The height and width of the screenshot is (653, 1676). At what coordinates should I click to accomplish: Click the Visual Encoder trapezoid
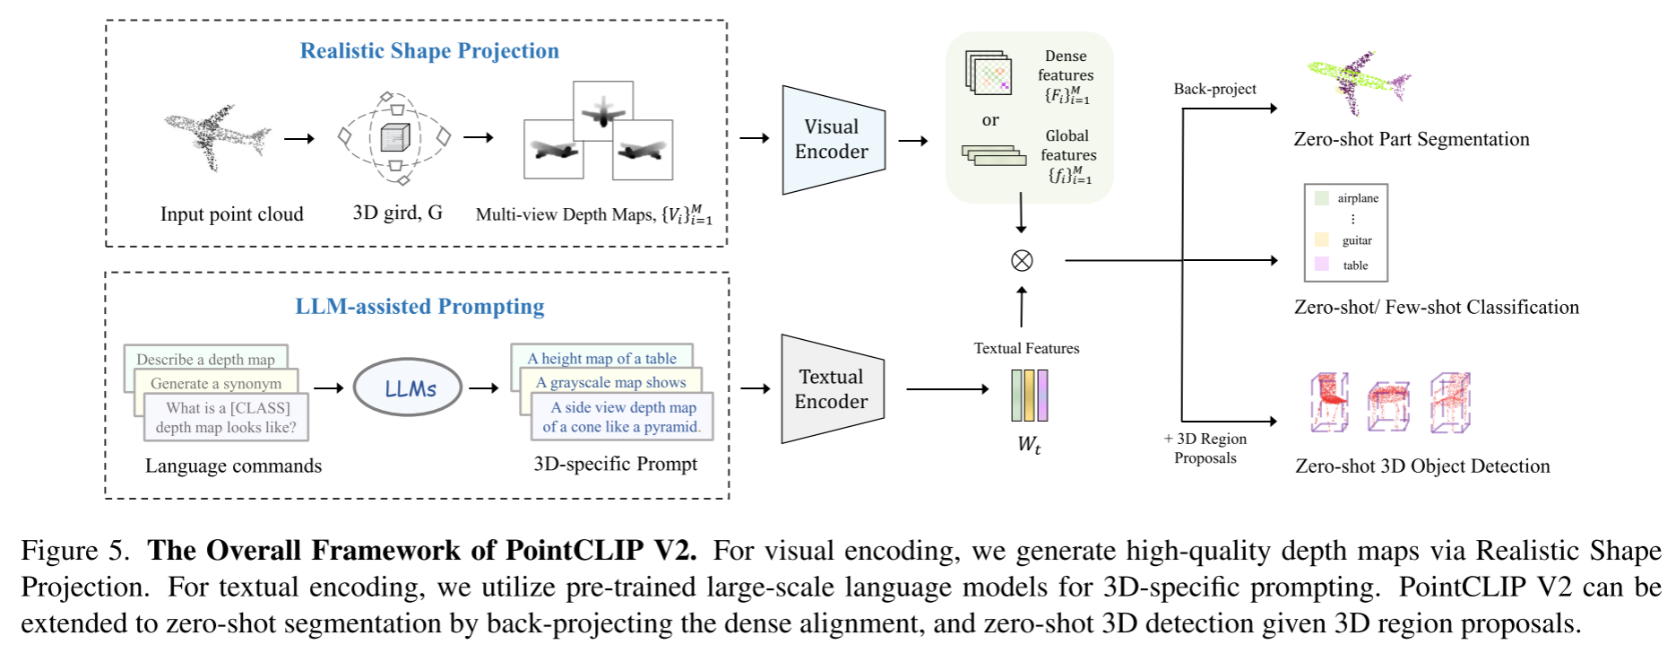(x=832, y=140)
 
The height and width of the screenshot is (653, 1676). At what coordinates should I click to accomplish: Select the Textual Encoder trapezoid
(x=831, y=389)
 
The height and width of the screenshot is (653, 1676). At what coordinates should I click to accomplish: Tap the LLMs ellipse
(x=408, y=388)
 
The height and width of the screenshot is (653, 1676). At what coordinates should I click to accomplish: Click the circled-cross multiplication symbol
(x=1022, y=260)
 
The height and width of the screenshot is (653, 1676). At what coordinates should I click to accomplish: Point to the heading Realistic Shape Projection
(x=429, y=51)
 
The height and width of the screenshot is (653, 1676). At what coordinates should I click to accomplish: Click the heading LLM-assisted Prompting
(x=419, y=307)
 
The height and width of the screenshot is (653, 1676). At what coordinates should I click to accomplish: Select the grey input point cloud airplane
(x=215, y=136)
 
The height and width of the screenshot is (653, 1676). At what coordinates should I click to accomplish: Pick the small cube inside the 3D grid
(x=394, y=137)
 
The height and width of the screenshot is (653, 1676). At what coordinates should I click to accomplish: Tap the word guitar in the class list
(x=1357, y=240)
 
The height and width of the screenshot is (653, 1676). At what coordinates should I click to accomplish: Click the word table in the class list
(x=1355, y=266)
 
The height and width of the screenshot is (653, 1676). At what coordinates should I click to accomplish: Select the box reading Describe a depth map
(x=205, y=359)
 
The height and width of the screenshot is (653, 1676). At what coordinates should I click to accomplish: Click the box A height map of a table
(x=601, y=358)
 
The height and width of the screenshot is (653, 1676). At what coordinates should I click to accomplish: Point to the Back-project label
(x=1214, y=89)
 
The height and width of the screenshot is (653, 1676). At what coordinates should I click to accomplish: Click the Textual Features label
(x=1026, y=348)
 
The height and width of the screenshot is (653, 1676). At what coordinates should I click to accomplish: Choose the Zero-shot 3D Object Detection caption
(x=1422, y=466)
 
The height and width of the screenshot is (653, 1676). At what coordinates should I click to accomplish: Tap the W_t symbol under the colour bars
(x=1029, y=444)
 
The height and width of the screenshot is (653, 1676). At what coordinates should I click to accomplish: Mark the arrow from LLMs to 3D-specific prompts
(x=483, y=388)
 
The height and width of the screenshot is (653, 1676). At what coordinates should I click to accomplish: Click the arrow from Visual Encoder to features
(x=913, y=141)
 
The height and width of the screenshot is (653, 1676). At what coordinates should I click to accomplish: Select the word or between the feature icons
(x=990, y=120)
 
